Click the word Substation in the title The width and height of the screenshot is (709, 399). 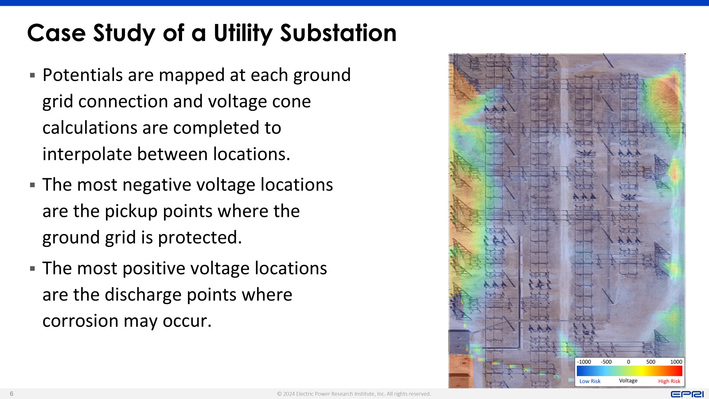pos(338,33)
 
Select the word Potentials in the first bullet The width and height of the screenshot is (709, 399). pos(82,75)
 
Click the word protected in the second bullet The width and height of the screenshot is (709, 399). pos(200,238)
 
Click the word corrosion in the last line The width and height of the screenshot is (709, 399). pos(80,321)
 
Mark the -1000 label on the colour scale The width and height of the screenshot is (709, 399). pos(584,362)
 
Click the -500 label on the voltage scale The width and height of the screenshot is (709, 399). pos(606,362)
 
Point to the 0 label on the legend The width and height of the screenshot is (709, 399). pos(629,362)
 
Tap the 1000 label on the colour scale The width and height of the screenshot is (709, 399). pos(676,362)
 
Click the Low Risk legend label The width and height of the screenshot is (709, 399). pos(590,381)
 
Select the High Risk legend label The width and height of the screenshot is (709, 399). pos(669,381)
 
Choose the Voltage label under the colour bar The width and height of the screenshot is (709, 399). pos(628,381)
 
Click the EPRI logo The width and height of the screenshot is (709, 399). pos(687,394)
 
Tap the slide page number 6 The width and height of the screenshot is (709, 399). pos(12,394)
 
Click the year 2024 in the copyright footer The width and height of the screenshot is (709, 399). pos(288,394)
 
